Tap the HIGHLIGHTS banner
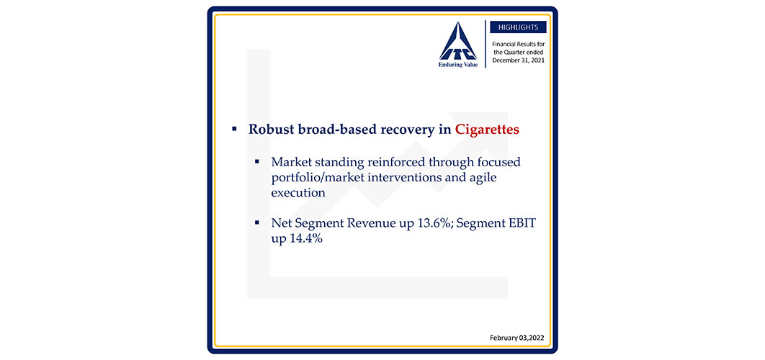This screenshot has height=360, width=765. [518, 27]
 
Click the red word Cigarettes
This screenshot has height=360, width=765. [487, 130]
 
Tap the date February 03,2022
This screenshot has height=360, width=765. [516, 338]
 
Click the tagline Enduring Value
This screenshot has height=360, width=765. [457, 65]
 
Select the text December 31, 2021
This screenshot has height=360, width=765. [518, 60]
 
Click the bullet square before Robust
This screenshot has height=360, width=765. [234, 130]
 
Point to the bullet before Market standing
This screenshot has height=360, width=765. [257, 161]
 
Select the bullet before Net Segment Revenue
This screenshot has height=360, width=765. [257, 222]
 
